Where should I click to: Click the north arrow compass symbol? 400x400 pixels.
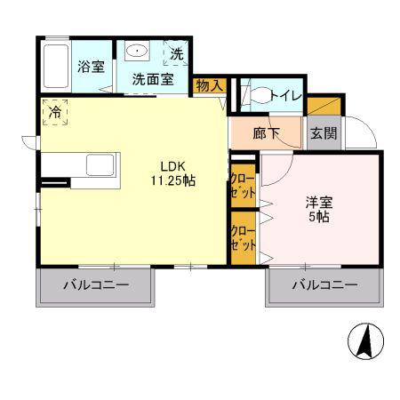point(365,340)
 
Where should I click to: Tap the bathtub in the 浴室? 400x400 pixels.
point(56,66)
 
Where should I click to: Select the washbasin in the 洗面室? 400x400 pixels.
point(137,51)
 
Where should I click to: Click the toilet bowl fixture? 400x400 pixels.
point(260,95)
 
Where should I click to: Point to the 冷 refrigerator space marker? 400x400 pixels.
point(55,112)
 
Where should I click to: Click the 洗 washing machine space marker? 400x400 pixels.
point(177,53)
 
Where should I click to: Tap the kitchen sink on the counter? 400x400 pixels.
point(100,165)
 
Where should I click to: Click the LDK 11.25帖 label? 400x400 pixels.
point(173,173)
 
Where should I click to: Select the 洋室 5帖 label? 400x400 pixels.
point(319,210)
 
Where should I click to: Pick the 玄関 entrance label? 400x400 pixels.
point(324,133)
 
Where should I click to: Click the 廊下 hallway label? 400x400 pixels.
point(266,133)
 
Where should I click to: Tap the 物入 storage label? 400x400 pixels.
point(209,85)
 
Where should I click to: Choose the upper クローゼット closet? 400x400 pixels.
point(243,185)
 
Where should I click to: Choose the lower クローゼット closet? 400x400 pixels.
point(243,238)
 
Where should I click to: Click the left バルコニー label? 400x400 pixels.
point(96,285)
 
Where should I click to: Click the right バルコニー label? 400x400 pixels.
point(324,285)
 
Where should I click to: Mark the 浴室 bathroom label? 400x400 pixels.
point(91,67)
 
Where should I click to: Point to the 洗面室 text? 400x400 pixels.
point(153,79)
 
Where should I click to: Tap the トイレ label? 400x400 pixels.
point(286,95)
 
